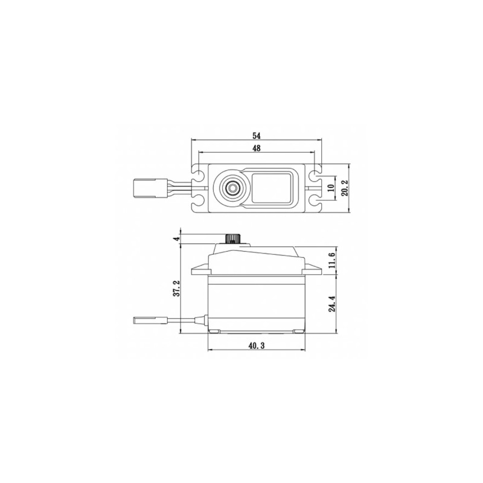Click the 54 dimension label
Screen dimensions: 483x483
coord(256,135)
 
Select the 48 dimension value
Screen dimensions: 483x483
coord(256,148)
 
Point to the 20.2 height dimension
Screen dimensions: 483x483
coord(345,188)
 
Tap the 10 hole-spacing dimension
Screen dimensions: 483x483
coord(331,188)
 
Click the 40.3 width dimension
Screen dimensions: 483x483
coord(256,346)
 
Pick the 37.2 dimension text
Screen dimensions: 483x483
coord(176,289)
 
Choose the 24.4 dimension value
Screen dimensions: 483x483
coord(332,304)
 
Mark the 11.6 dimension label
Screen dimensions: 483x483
coord(332,260)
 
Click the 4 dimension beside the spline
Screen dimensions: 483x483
coord(176,239)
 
